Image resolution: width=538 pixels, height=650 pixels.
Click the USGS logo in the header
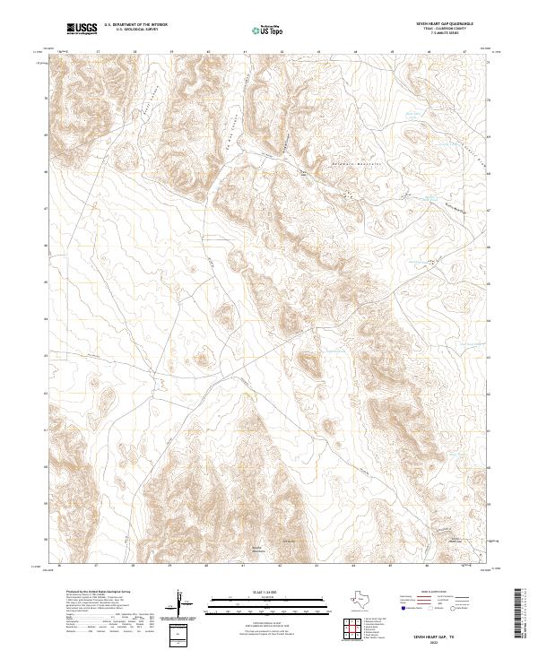tap(82, 29)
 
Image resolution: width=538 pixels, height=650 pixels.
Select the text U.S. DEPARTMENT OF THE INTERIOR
tap(135, 26)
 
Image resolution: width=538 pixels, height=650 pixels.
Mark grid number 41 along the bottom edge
tap(243, 566)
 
